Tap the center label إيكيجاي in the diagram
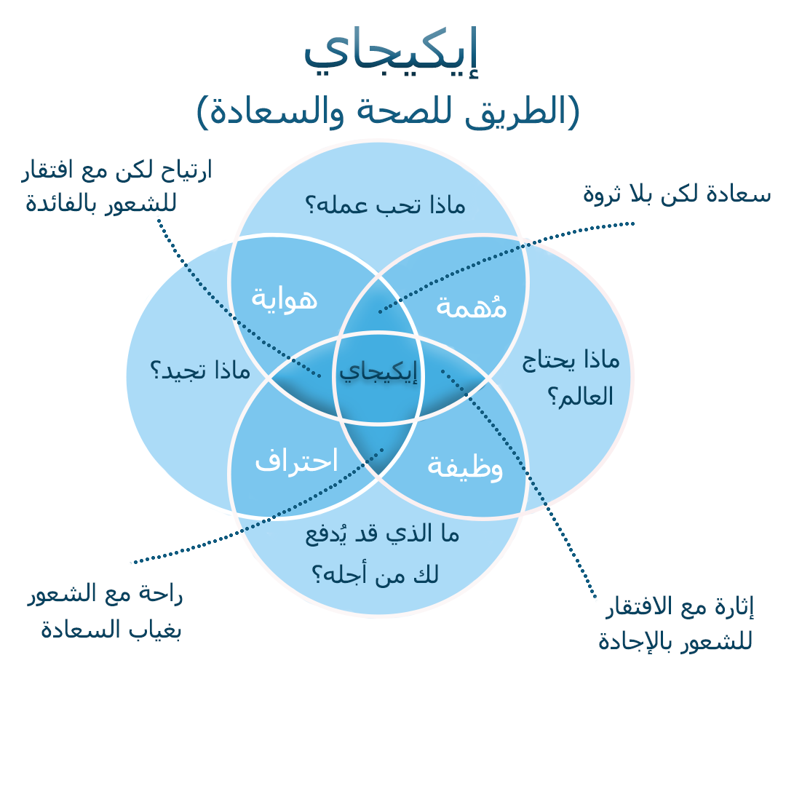tap(378, 372)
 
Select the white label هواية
tap(284, 298)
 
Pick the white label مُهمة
tap(471, 306)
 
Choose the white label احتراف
tap(296, 461)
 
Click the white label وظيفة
tap(465, 467)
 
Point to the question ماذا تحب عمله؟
tap(384, 206)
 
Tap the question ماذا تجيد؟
tap(200, 370)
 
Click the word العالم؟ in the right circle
tap(580, 397)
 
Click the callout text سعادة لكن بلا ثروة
tap(677, 194)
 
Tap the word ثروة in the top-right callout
tap(604, 194)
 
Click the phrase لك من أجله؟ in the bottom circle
tap(376, 574)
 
